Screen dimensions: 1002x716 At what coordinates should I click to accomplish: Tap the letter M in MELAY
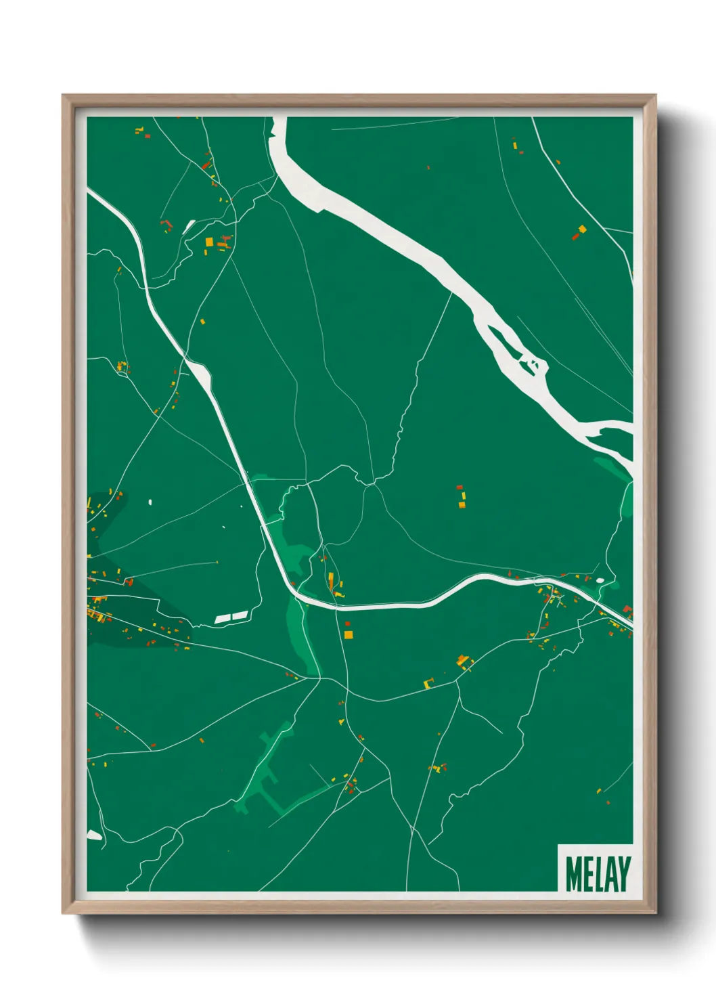pyautogui.click(x=573, y=874)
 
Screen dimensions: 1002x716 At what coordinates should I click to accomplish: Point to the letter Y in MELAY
pyautogui.click(x=623, y=874)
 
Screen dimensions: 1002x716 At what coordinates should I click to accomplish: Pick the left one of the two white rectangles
pyautogui.click(x=223, y=619)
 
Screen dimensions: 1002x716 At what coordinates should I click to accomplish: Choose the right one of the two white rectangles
pyautogui.click(x=240, y=615)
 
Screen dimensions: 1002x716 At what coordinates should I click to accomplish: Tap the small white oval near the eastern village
pyautogui.click(x=599, y=580)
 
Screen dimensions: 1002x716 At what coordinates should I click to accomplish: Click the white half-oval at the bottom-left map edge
pyautogui.click(x=94, y=835)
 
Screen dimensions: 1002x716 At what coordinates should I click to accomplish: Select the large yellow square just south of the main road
pyautogui.click(x=348, y=634)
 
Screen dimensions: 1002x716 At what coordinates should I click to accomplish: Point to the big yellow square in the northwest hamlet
pyautogui.click(x=209, y=242)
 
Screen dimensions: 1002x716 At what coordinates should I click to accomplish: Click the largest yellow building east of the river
pyautogui.click(x=581, y=230)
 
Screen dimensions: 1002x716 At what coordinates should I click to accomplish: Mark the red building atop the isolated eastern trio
pyautogui.click(x=460, y=487)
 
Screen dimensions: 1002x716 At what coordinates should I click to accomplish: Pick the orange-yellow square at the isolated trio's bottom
pyautogui.click(x=462, y=504)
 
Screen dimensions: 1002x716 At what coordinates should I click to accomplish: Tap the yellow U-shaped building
pyautogui.click(x=428, y=682)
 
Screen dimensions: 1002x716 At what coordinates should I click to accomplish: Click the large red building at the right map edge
pyautogui.click(x=627, y=610)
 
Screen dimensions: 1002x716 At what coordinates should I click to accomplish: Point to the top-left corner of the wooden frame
pyautogui.click(x=63, y=95)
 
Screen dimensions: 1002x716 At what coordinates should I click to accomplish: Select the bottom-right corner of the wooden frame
pyautogui.click(x=655, y=913)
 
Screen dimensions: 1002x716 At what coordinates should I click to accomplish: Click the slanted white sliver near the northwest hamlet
pyautogui.click(x=189, y=225)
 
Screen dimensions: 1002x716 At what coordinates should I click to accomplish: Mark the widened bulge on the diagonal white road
pyautogui.click(x=199, y=370)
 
